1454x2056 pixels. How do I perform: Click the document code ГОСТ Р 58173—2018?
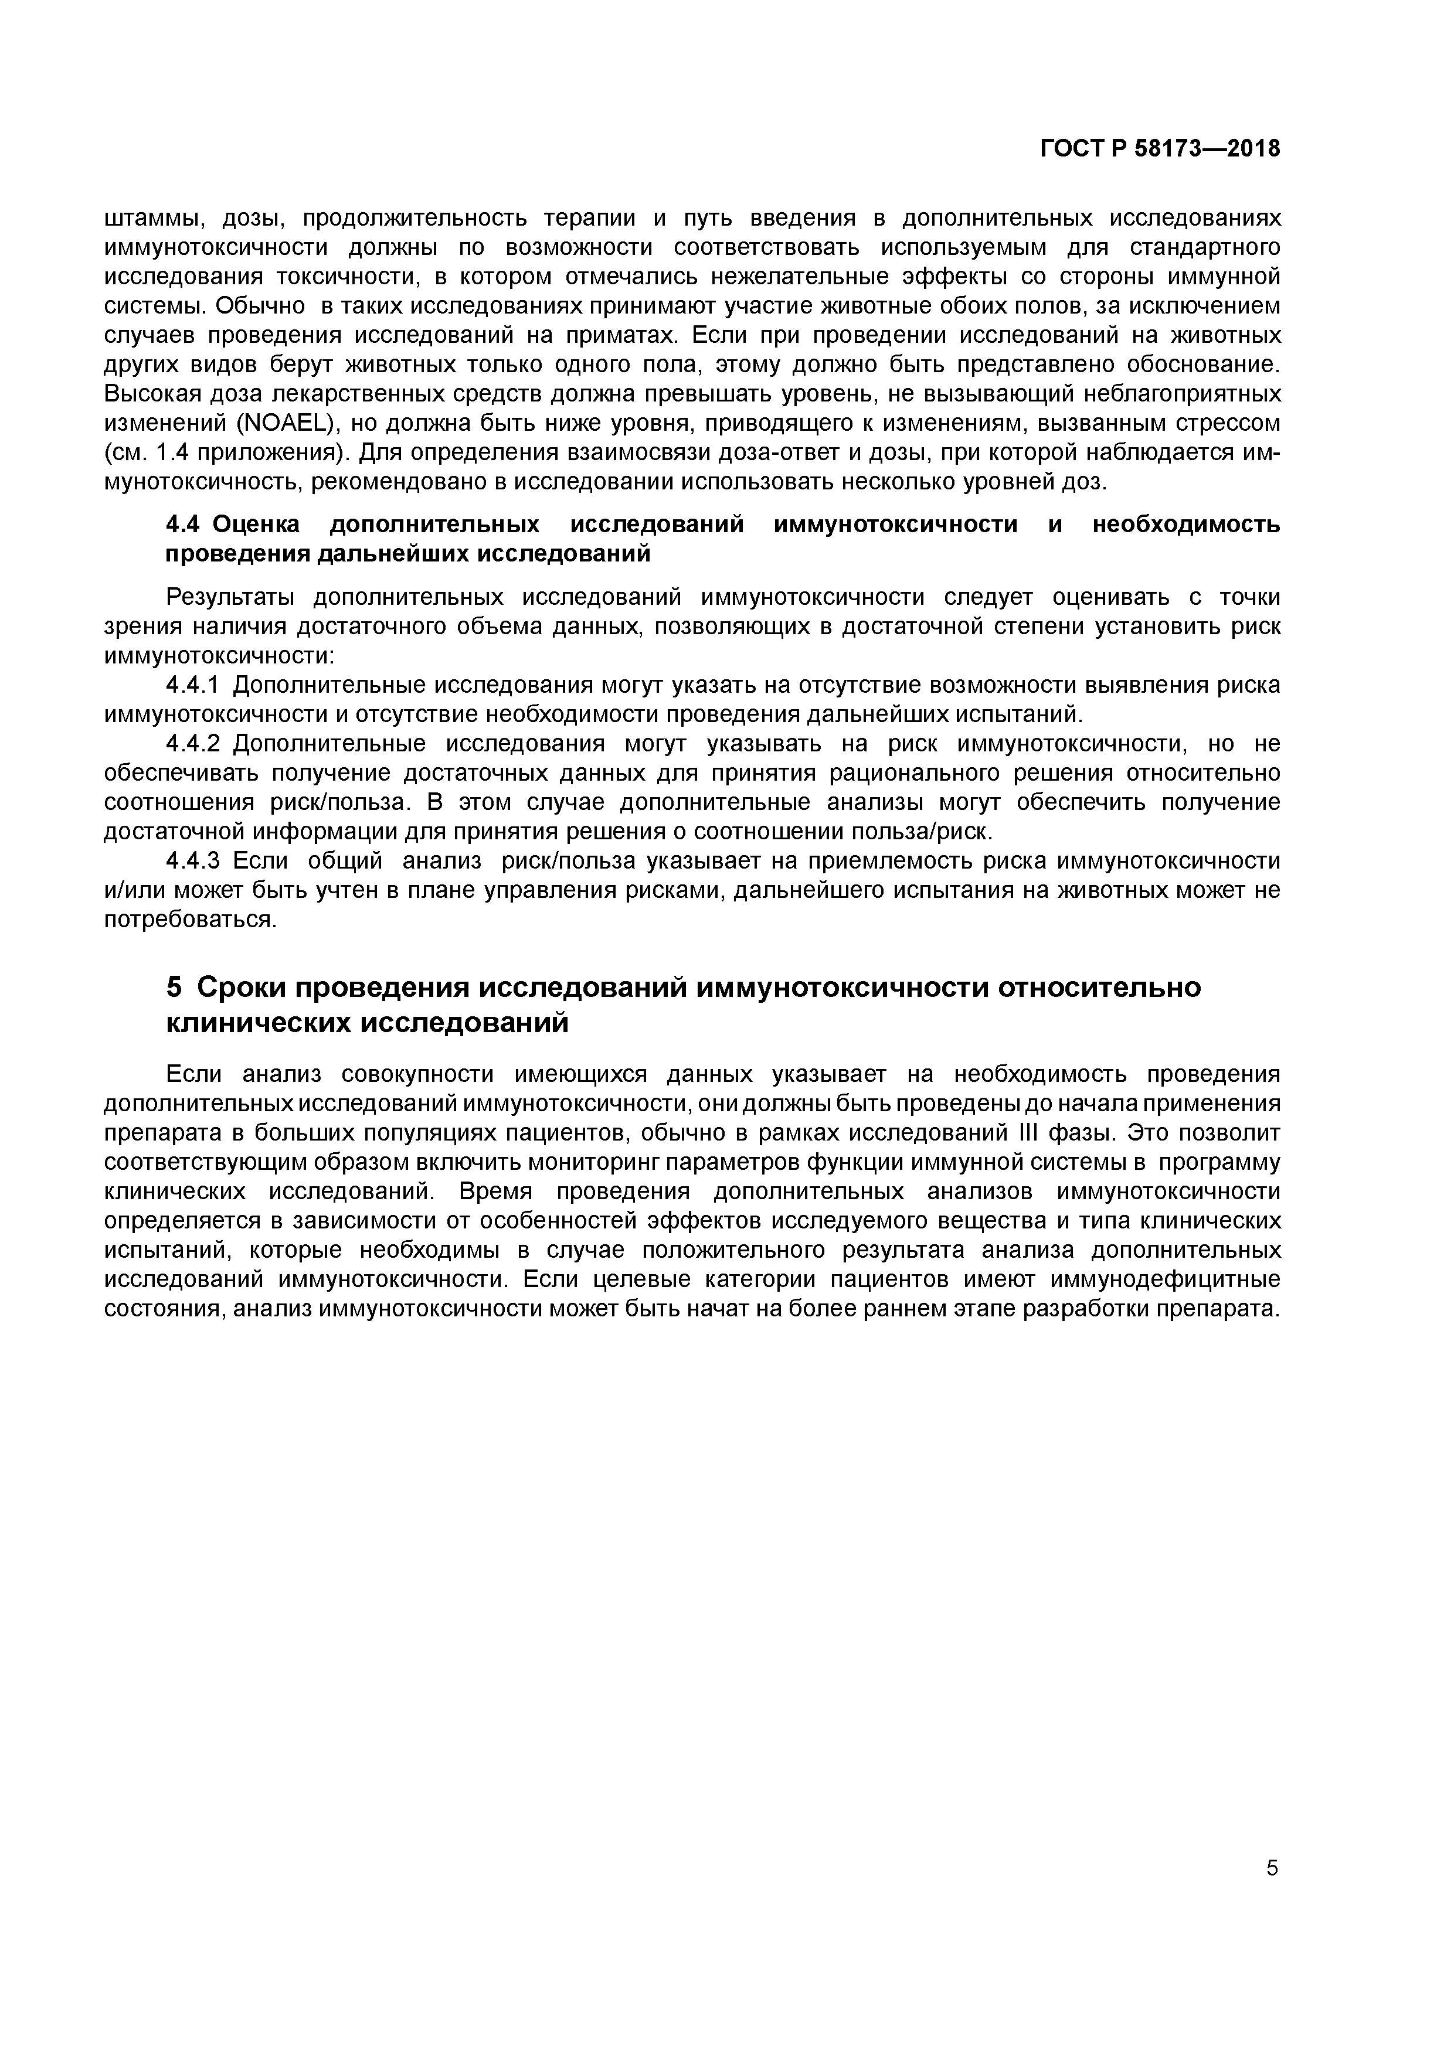(1160, 149)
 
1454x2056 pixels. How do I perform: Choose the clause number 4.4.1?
(193, 686)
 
